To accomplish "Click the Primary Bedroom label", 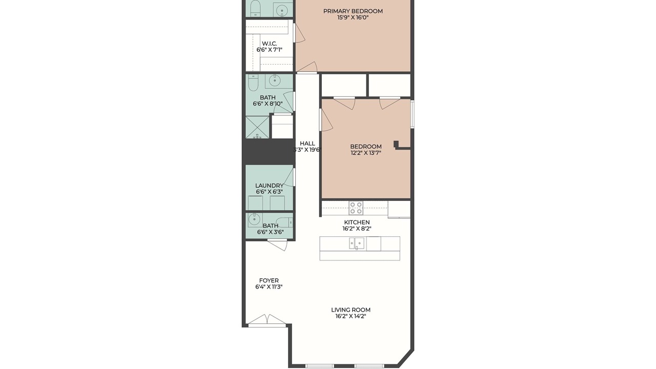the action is [x=353, y=11].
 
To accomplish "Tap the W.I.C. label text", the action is [x=270, y=44].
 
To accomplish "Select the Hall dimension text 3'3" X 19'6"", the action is [x=307, y=150].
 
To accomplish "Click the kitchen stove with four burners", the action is [x=356, y=208].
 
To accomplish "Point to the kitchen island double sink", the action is [x=357, y=243].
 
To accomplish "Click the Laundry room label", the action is [x=270, y=186].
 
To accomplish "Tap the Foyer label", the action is [x=269, y=280].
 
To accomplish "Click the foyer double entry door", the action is [x=267, y=321].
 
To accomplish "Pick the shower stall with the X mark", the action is [x=257, y=128].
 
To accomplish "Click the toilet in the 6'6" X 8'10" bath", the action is [x=253, y=83].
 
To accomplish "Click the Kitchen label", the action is [x=357, y=222].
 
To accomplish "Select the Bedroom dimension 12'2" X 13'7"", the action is [x=366, y=153].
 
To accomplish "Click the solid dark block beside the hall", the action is [x=269, y=152].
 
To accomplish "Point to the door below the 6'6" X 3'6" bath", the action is [x=277, y=245].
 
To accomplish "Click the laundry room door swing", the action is [x=289, y=177].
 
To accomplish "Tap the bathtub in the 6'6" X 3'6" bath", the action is [x=284, y=222].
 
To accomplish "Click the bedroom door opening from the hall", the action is [x=326, y=120].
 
